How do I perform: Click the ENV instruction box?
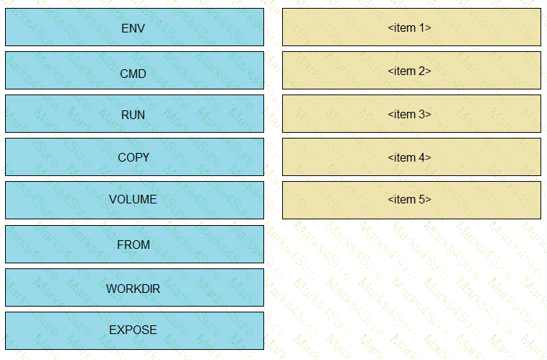[134, 27]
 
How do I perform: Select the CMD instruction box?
[134, 71]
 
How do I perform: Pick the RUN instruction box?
[134, 114]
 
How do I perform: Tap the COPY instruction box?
[134, 157]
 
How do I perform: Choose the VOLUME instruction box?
[134, 201]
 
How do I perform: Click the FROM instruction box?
[134, 244]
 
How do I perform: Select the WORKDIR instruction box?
[134, 287]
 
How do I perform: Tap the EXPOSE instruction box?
[134, 330]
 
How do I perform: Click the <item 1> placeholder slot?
[411, 27]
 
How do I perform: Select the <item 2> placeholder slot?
[411, 71]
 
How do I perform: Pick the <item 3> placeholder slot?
[411, 114]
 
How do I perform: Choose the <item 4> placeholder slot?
[411, 157]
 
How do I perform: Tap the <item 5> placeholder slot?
[411, 201]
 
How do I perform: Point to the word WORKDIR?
[133, 289]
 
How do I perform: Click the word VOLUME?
[133, 200]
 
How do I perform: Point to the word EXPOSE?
[133, 330]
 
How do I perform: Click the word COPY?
[134, 158]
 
